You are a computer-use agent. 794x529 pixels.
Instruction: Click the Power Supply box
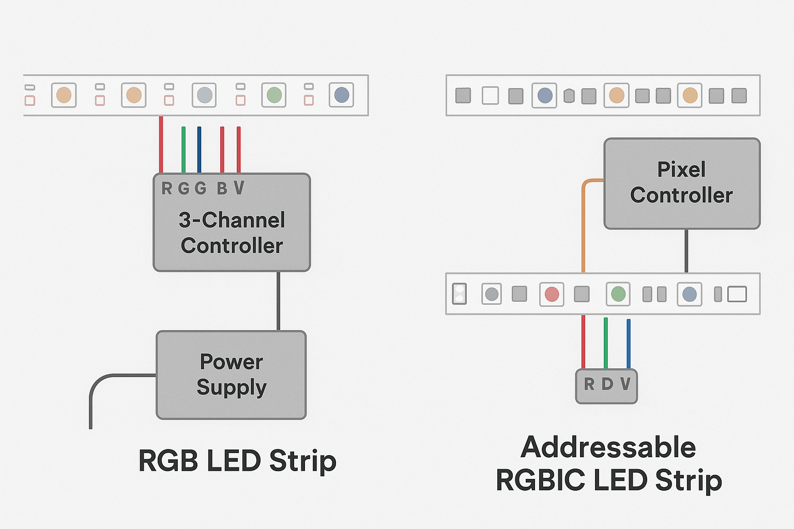coord(231,375)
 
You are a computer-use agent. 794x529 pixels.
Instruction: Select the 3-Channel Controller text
coord(232,233)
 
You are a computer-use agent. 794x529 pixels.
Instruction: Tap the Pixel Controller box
coord(681,183)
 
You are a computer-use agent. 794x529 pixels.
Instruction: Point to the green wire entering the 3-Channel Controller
coord(184,150)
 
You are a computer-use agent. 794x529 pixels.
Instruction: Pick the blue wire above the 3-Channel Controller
coord(199,150)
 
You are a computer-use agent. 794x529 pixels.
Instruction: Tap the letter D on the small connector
coord(607,384)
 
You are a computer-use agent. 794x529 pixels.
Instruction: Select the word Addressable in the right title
coord(608,447)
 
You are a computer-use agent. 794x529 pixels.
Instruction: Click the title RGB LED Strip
coord(237,461)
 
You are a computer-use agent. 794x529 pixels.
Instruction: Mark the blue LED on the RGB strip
coord(342,95)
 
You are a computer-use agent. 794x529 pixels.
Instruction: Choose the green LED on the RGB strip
coord(274,95)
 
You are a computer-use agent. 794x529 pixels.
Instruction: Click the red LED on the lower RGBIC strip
coord(552,294)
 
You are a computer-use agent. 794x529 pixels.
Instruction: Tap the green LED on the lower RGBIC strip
coord(618,294)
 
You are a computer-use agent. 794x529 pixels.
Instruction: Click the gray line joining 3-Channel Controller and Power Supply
coord(279,301)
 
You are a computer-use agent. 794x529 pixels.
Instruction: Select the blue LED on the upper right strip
coord(545,96)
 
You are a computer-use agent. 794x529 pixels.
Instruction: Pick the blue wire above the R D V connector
coord(629,344)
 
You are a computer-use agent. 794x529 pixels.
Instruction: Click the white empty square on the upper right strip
coord(490,96)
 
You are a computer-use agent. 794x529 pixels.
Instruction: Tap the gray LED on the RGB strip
coord(205,95)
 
